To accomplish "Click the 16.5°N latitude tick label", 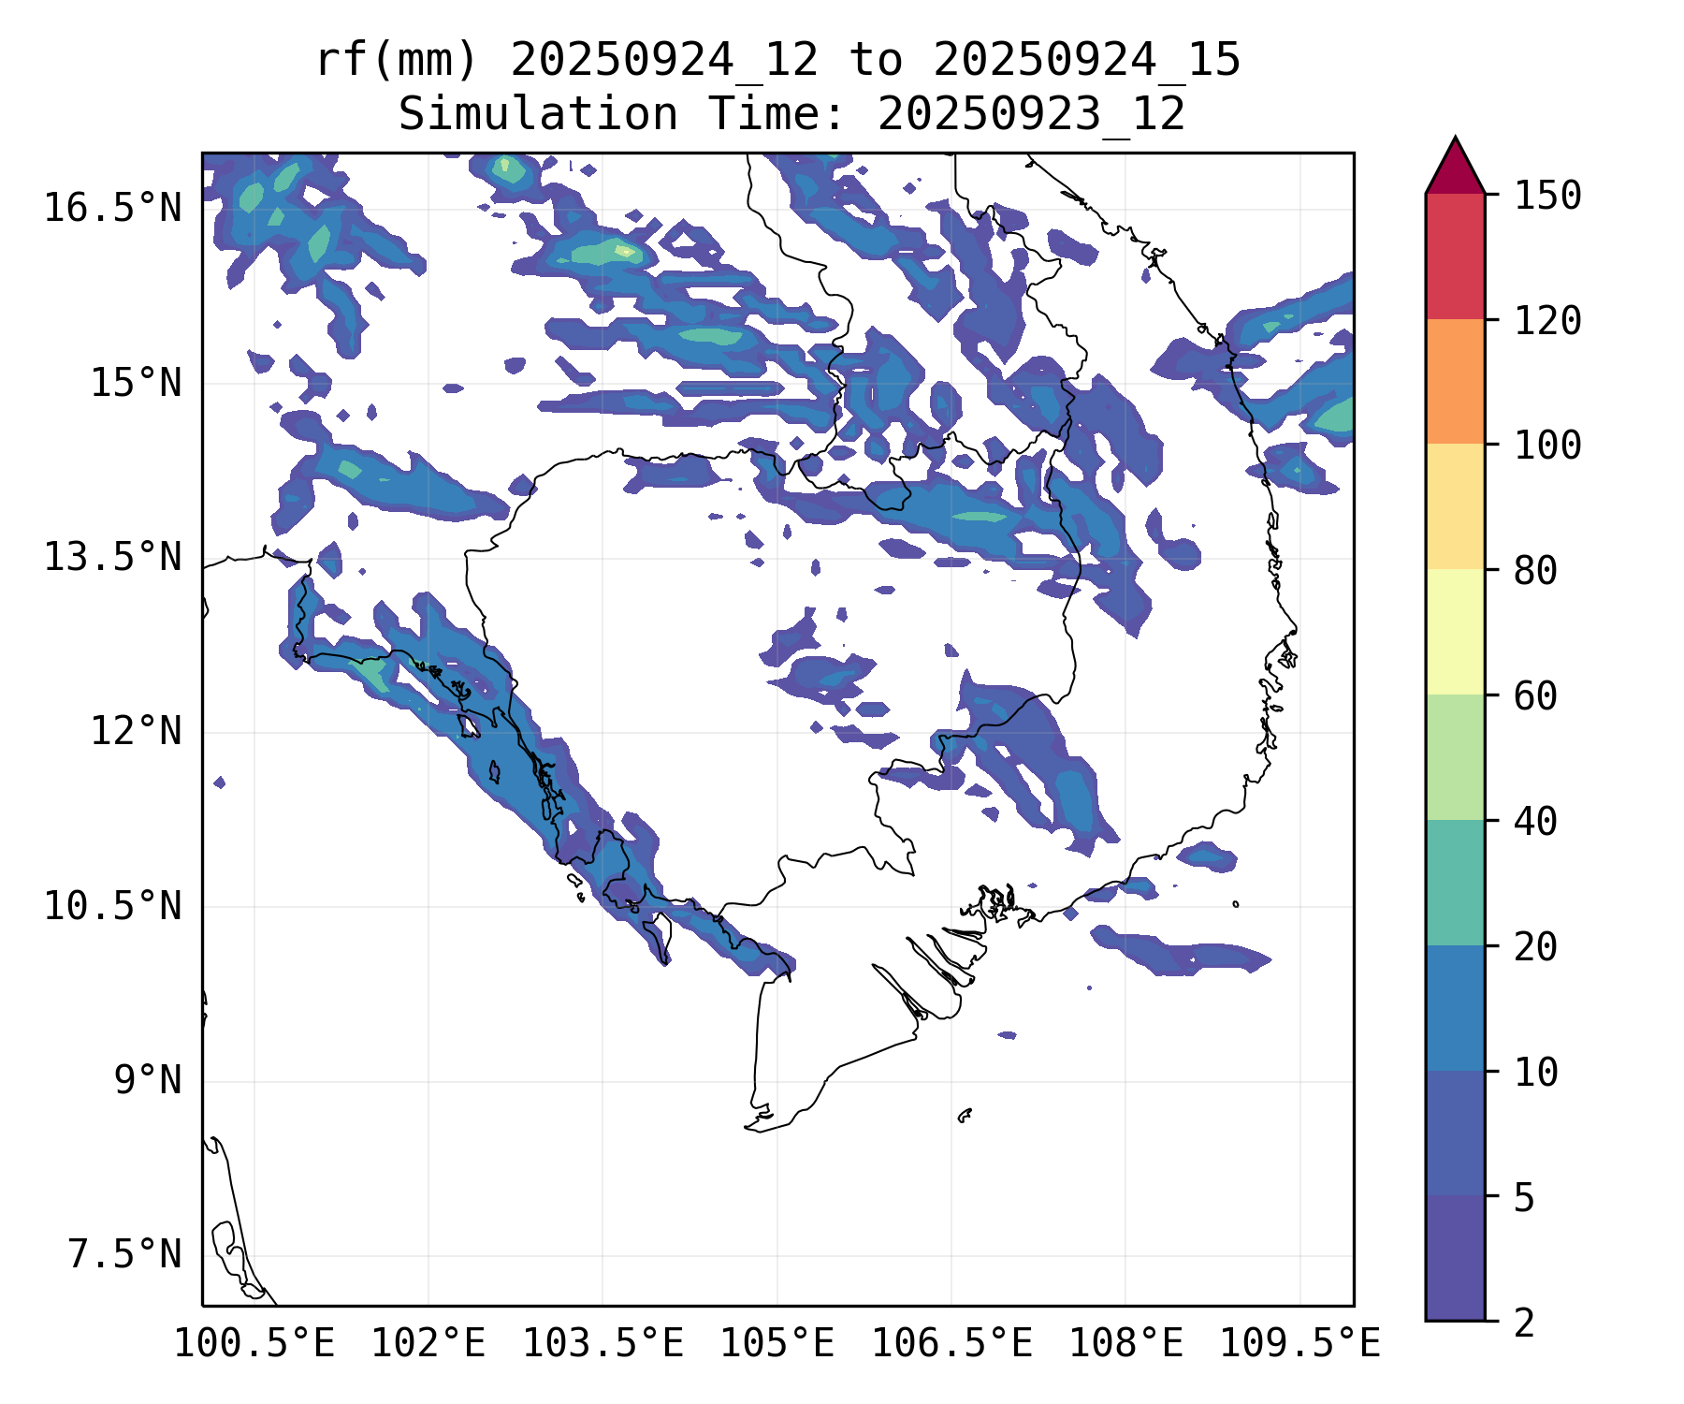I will tap(112, 208).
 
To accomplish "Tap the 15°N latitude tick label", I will tap(136, 383).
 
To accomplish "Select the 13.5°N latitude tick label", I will tap(112, 557).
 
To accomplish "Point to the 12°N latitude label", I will tap(136, 731).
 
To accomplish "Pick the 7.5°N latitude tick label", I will tap(124, 1254).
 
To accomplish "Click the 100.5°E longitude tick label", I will tap(254, 1343).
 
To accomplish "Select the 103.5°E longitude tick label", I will tap(602, 1343).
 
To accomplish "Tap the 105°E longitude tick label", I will tap(777, 1343).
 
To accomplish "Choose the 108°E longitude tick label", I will tap(1125, 1343).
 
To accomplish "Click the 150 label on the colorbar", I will tap(1547, 196).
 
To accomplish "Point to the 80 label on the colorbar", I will tap(1535, 570).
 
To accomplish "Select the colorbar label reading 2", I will tap(1524, 1323).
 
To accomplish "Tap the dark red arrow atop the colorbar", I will tap(1455, 168).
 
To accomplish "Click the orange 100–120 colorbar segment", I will tap(1455, 381).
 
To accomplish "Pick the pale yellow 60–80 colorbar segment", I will tap(1455, 632).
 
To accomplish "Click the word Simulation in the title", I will tap(538, 114).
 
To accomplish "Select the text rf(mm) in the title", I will tap(397, 60).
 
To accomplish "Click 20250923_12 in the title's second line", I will tap(1031, 114).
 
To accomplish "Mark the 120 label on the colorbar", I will tap(1547, 320).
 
